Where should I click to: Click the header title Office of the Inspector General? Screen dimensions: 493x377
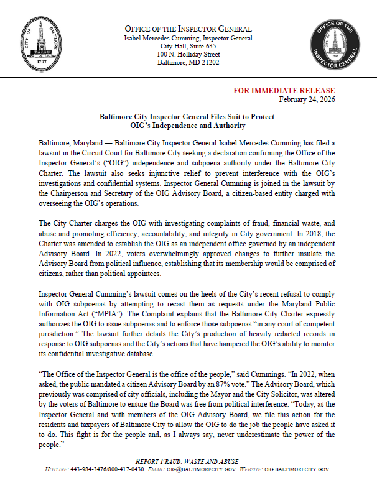[188, 29]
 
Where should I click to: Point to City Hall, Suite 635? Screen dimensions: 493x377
[188, 46]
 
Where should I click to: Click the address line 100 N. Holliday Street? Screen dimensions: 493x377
[188, 55]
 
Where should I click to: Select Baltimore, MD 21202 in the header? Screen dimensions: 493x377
[188, 63]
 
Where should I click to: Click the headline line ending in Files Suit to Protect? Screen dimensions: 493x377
[187, 117]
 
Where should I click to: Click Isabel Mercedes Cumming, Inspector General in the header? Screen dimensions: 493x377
[188, 38]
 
